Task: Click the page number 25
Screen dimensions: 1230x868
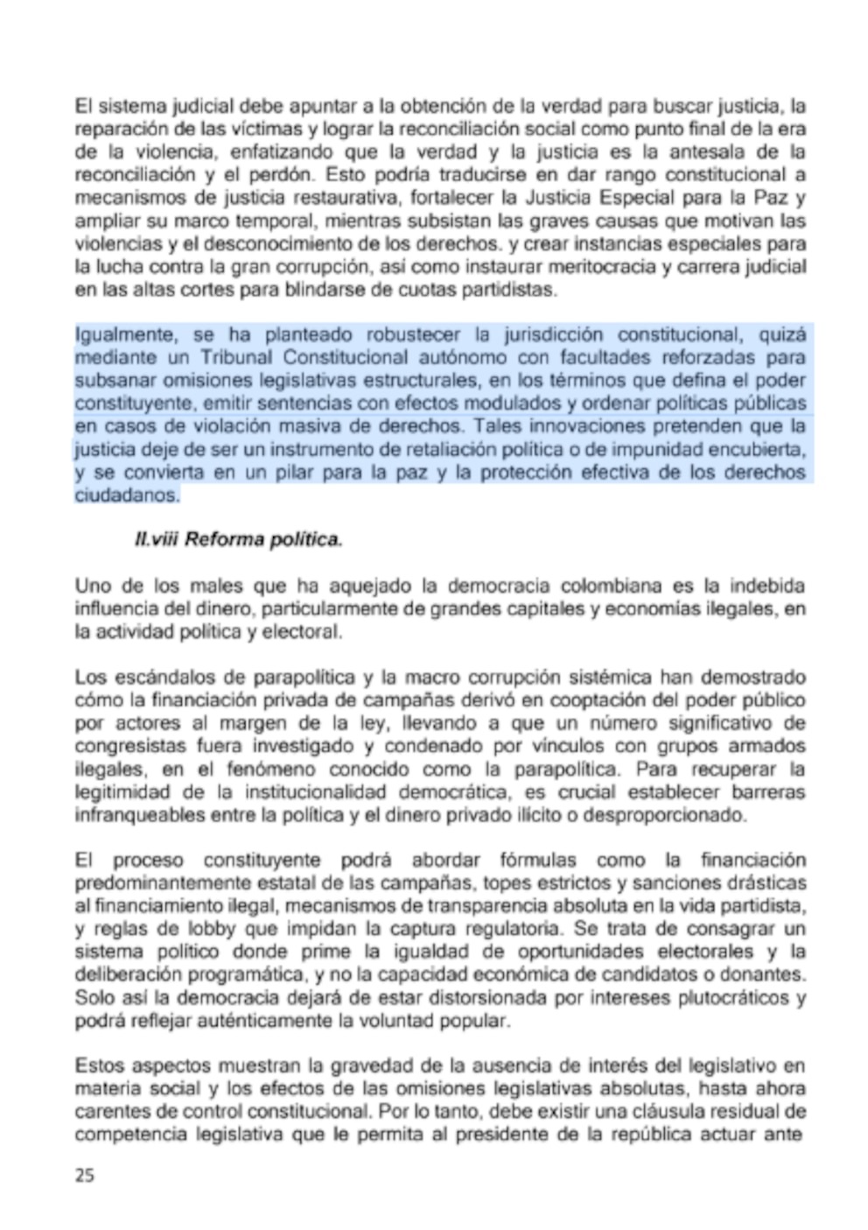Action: pyautogui.click(x=85, y=1175)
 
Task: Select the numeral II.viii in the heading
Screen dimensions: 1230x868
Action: pyautogui.click(x=157, y=539)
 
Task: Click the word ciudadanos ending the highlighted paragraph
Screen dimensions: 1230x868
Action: pyautogui.click(x=127, y=496)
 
